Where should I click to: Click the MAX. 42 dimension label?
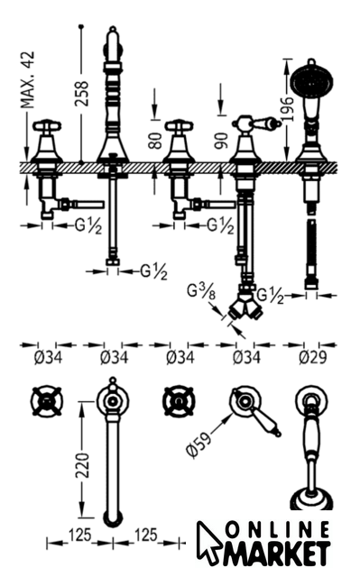[x=28, y=80]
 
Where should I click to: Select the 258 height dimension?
[x=82, y=94]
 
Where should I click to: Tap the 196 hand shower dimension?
[x=287, y=109]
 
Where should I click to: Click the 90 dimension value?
[x=222, y=141]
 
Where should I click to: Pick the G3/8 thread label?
[x=201, y=292]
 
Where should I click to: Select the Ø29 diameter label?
[x=312, y=357]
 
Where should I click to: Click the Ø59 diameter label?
[x=199, y=444]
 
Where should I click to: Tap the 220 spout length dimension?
[x=82, y=465]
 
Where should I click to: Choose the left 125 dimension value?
[x=79, y=535]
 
